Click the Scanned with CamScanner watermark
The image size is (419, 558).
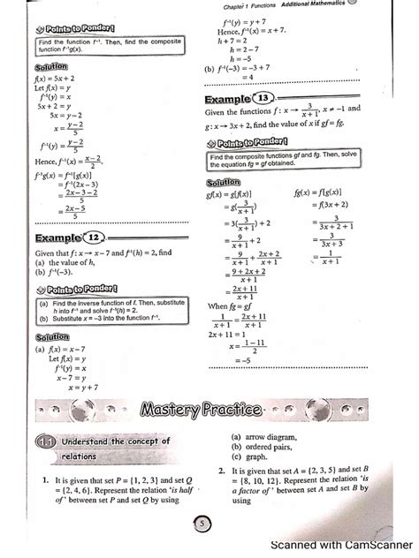[x=344, y=545]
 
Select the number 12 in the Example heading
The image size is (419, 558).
[x=94, y=237]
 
